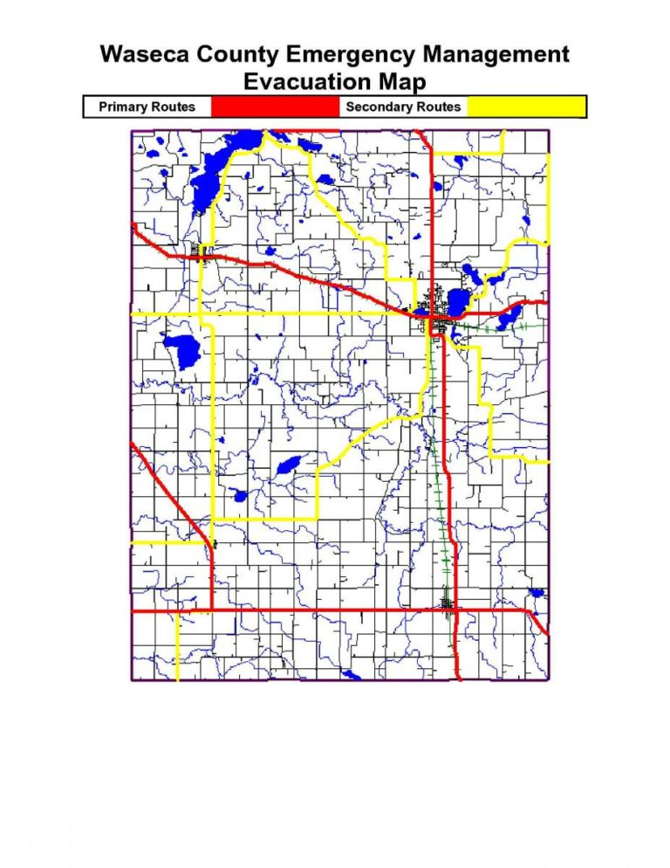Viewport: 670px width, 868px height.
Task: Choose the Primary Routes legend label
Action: tap(147, 107)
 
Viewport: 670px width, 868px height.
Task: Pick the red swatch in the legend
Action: tap(274, 107)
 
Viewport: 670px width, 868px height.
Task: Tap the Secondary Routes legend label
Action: tap(403, 107)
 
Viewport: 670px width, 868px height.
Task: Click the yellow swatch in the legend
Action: tap(526, 107)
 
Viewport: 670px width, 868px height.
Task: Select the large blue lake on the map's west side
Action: tap(183, 349)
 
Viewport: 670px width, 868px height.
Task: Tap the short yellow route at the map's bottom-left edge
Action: tap(177, 646)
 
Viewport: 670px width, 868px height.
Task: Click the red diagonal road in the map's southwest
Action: tap(170, 489)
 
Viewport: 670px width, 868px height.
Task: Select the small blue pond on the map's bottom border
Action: tap(351, 675)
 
